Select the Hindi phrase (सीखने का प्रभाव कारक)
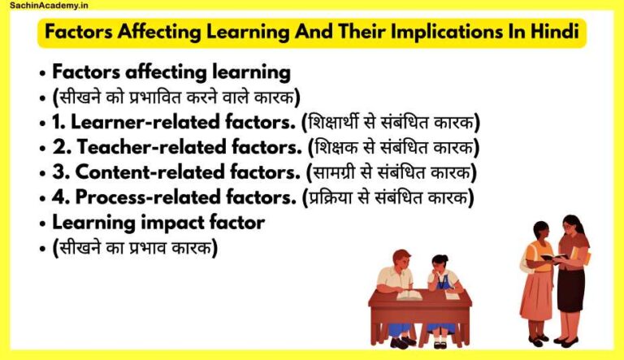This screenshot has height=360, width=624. click(134, 247)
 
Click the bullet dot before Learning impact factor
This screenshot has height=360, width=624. click(41, 223)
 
